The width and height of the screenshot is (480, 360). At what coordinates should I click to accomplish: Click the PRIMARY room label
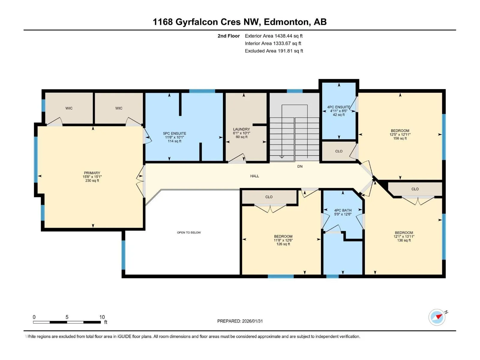click(x=92, y=173)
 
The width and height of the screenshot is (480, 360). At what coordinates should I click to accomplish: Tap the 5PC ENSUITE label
click(x=175, y=133)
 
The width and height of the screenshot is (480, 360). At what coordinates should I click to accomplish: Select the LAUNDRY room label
click(x=241, y=129)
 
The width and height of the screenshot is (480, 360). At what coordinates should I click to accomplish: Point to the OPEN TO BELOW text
click(x=189, y=232)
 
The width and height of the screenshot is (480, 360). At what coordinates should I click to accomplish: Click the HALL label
click(x=254, y=176)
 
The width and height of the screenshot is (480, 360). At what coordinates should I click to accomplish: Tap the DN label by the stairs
click(x=300, y=166)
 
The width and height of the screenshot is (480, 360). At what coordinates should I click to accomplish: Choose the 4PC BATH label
click(x=343, y=210)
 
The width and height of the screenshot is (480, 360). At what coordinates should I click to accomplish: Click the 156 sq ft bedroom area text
click(x=400, y=138)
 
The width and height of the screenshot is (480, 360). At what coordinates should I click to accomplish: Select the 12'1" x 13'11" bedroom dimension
click(x=404, y=236)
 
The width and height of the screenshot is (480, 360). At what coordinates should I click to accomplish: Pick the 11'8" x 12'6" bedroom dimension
click(x=283, y=240)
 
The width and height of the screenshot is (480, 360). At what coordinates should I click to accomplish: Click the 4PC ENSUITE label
click(x=339, y=107)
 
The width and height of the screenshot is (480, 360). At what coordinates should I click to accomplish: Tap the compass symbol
click(x=437, y=317)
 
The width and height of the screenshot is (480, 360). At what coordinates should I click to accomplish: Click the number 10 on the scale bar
click(x=102, y=317)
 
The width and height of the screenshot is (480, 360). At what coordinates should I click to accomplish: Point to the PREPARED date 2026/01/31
click(x=252, y=321)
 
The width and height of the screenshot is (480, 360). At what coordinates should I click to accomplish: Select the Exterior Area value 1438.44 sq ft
click(x=288, y=36)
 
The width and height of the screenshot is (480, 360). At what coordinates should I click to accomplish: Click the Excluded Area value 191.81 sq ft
click(x=290, y=51)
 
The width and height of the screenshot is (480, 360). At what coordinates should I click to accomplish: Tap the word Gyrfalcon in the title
click(x=196, y=22)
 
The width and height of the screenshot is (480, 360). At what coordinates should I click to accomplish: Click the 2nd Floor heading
click(x=229, y=36)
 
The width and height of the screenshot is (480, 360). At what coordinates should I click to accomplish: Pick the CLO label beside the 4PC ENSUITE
click(x=339, y=151)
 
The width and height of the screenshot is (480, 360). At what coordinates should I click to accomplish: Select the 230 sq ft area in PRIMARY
click(x=92, y=181)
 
